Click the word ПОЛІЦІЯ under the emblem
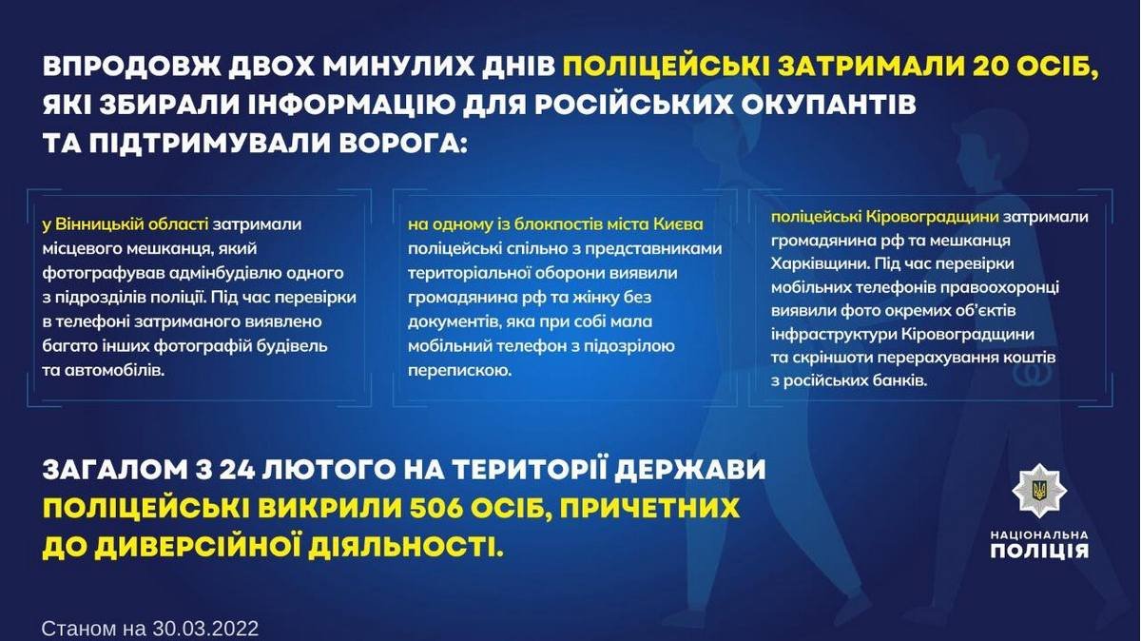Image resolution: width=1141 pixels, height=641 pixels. [x=1039, y=550]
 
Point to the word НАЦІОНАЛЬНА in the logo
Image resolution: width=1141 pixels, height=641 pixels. [x=1039, y=534]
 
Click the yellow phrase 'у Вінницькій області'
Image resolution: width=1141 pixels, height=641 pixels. [x=125, y=224]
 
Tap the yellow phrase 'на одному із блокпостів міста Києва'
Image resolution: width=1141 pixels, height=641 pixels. [x=555, y=224]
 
